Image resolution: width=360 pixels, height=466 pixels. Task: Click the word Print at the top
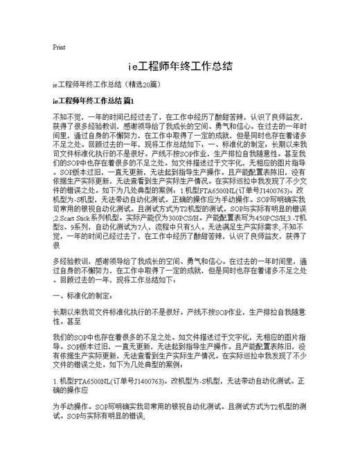[59, 48]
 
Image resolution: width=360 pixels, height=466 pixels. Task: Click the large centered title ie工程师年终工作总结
[180, 67]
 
